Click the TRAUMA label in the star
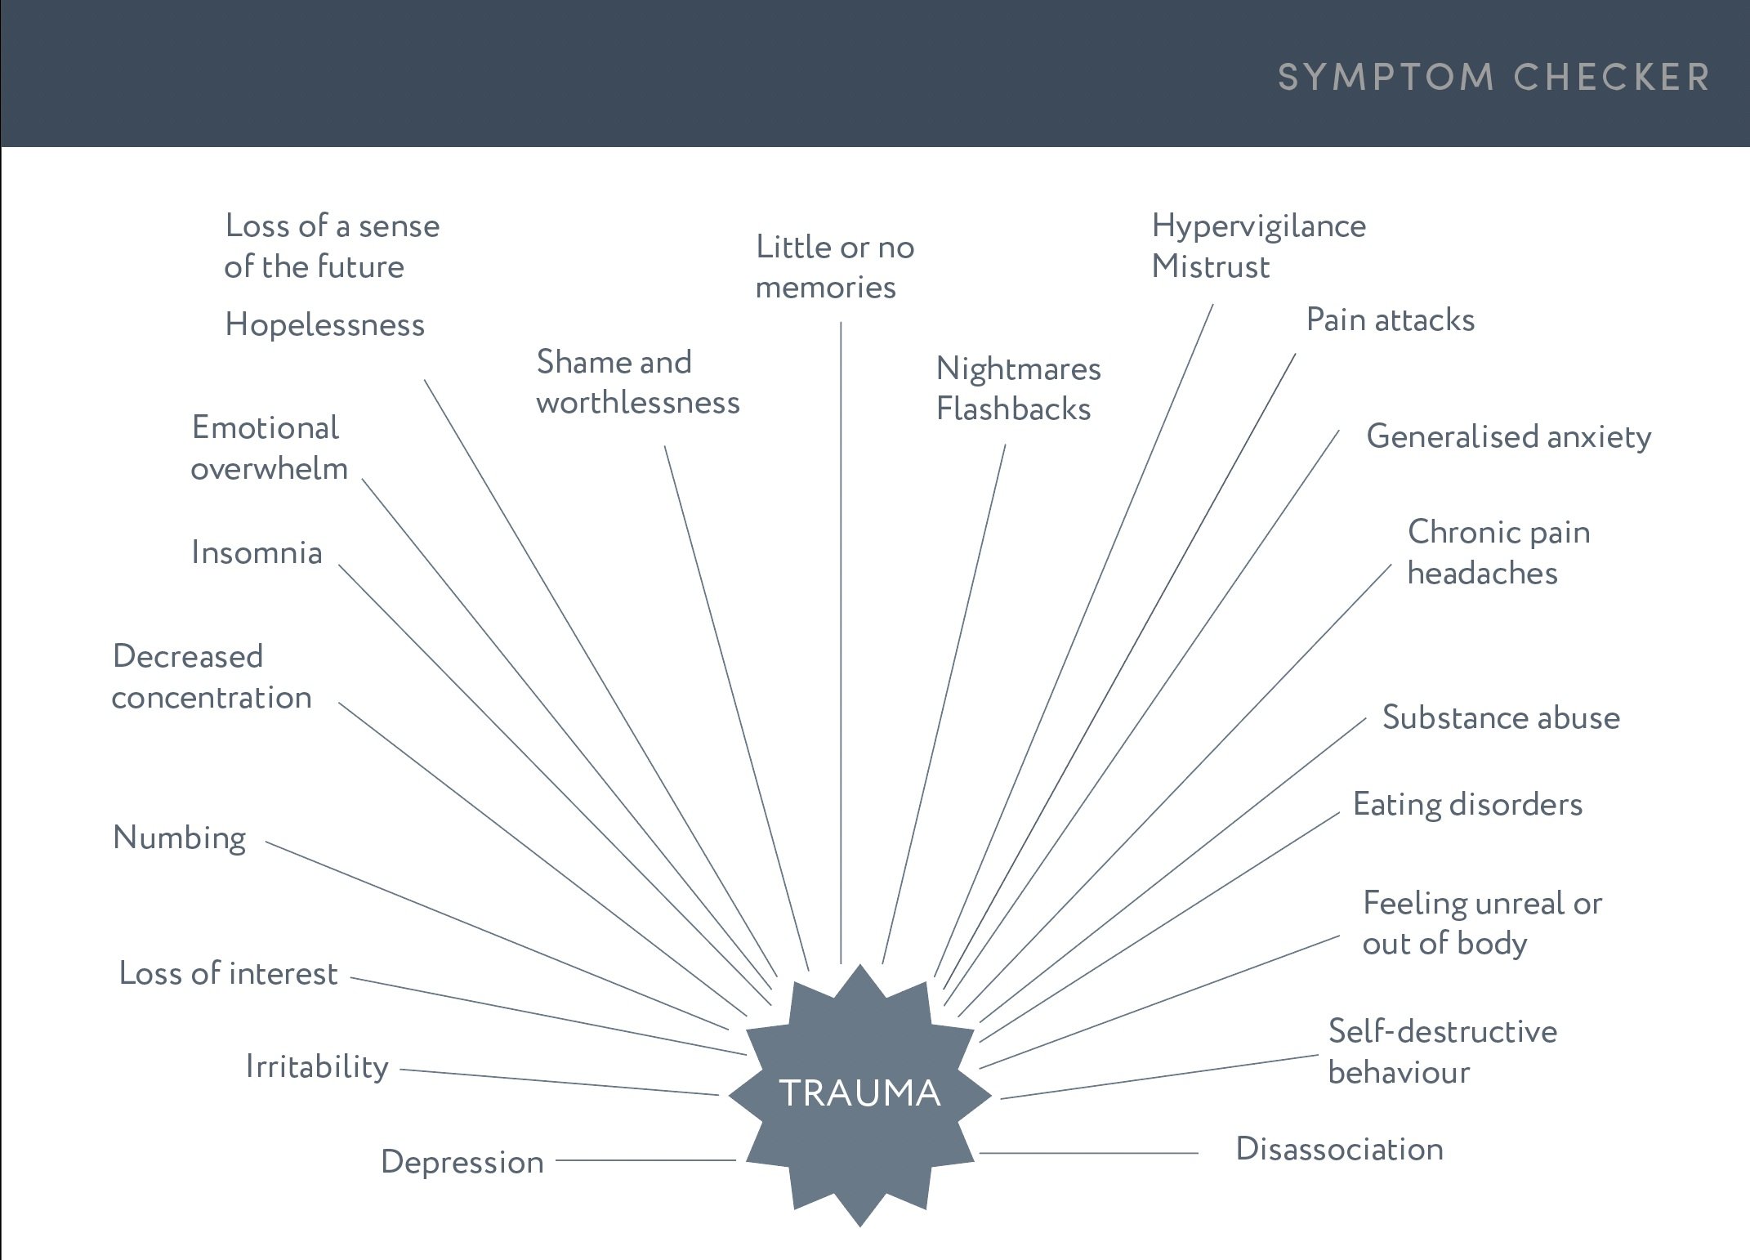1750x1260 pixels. (859, 1093)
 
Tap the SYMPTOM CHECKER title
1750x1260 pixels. (1493, 78)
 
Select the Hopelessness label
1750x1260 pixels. (324, 325)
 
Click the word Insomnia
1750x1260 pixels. (257, 553)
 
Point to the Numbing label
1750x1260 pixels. (179, 838)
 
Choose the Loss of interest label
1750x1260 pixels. (228, 973)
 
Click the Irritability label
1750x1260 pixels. (317, 1067)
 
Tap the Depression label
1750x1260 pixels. (462, 1162)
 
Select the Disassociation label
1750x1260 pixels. (1339, 1150)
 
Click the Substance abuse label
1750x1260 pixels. (1501, 717)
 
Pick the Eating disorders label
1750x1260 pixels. (1467, 805)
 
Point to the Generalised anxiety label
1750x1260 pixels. (1508, 437)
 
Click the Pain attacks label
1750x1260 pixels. (1390, 319)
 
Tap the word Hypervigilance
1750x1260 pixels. (1258, 226)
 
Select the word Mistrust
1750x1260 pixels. (1210, 267)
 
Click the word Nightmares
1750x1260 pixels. (1018, 369)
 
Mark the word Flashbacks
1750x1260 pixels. (1013, 409)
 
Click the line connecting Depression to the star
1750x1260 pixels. (645, 1160)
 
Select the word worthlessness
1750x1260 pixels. (637, 403)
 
